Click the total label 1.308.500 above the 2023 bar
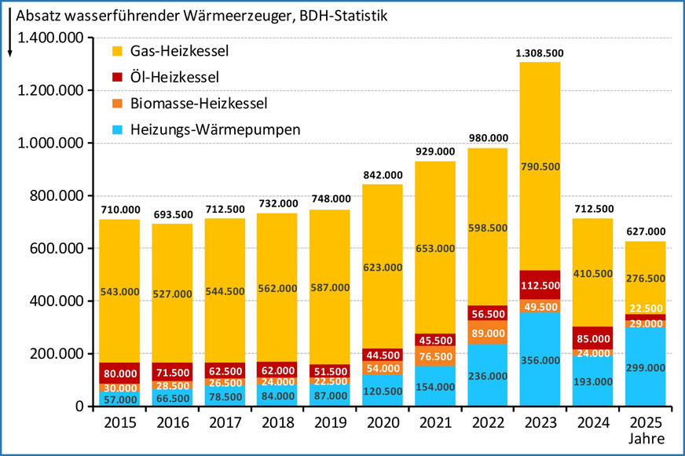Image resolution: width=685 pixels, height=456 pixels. pyautogui.click(x=540, y=53)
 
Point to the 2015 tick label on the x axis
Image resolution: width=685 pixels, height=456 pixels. pyautogui.click(x=119, y=423)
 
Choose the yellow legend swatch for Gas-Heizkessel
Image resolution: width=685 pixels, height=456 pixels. pyautogui.click(x=117, y=51)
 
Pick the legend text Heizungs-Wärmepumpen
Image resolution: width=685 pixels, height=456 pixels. pyautogui.click(x=215, y=130)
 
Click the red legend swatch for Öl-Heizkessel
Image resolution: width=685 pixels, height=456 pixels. pyautogui.click(x=117, y=77)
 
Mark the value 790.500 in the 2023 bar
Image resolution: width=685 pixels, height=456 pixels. pyautogui.click(x=540, y=166)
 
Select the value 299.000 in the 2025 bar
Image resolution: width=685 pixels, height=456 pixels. pyautogui.click(x=645, y=366)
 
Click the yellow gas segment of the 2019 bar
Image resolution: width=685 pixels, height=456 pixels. pyautogui.click(x=329, y=286)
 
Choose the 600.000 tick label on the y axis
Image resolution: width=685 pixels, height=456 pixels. pyautogui.click(x=59, y=249)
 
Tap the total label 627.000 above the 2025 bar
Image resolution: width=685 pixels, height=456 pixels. pyautogui.click(x=645, y=232)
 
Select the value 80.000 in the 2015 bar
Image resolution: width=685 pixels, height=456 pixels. pyautogui.click(x=119, y=373)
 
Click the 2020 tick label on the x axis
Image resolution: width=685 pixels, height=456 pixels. pyautogui.click(x=382, y=423)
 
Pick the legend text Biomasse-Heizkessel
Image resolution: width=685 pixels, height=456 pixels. pyautogui.click(x=199, y=104)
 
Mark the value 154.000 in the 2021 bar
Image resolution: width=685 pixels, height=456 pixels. pyautogui.click(x=434, y=387)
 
